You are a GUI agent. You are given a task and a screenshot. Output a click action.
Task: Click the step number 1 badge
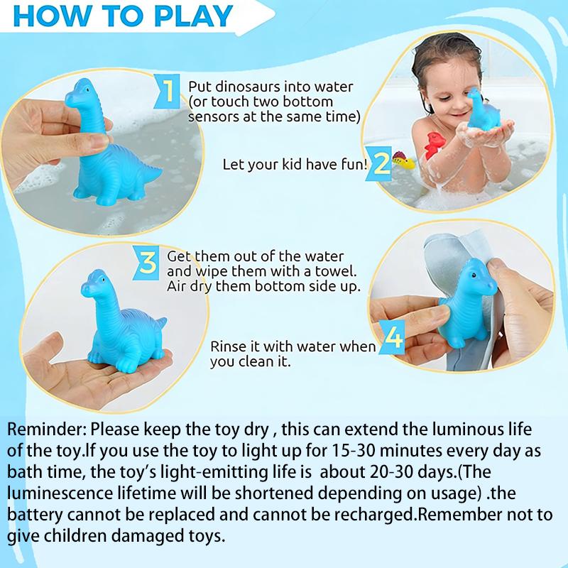point(168,92)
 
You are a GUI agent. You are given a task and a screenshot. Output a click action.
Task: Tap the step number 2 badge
point(382,163)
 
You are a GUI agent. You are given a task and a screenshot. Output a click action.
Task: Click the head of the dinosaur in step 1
point(80,91)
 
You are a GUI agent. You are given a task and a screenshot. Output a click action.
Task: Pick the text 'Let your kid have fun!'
point(295,165)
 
